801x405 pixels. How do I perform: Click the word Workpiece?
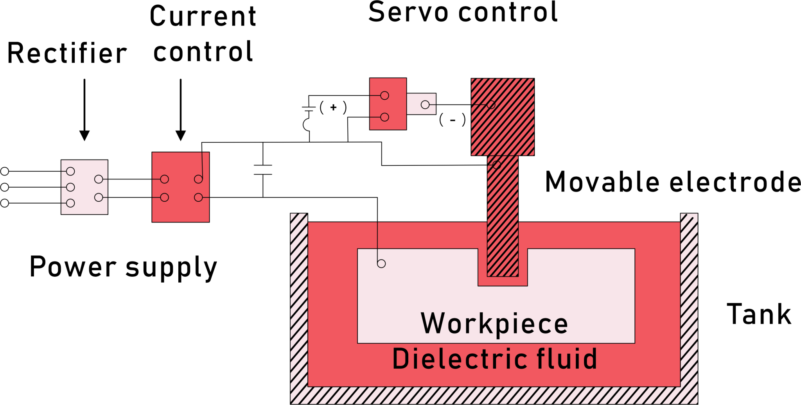tap(494, 324)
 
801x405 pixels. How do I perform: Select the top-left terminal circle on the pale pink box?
tap(70, 171)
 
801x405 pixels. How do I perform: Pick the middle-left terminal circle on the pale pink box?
tap(70, 187)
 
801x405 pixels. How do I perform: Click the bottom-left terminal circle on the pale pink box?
tap(70, 203)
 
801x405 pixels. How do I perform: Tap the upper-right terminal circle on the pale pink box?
tap(99, 179)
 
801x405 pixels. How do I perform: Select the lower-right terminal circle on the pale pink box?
tap(99, 197)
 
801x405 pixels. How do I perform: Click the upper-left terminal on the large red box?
tap(165, 179)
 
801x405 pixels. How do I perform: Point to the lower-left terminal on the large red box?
tap(165, 197)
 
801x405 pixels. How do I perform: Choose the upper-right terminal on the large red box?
tap(198, 179)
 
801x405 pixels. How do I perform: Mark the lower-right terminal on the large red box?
tap(198, 197)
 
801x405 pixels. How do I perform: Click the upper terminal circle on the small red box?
tap(384, 95)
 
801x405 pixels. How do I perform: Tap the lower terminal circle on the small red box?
tap(384, 117)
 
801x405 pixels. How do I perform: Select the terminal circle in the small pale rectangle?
tap(425, 105)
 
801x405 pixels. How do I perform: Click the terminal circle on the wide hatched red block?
tap(491, 105)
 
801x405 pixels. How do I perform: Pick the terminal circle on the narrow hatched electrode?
tap(497, 165)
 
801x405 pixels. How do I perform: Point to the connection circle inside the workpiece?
tap(381, 264)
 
